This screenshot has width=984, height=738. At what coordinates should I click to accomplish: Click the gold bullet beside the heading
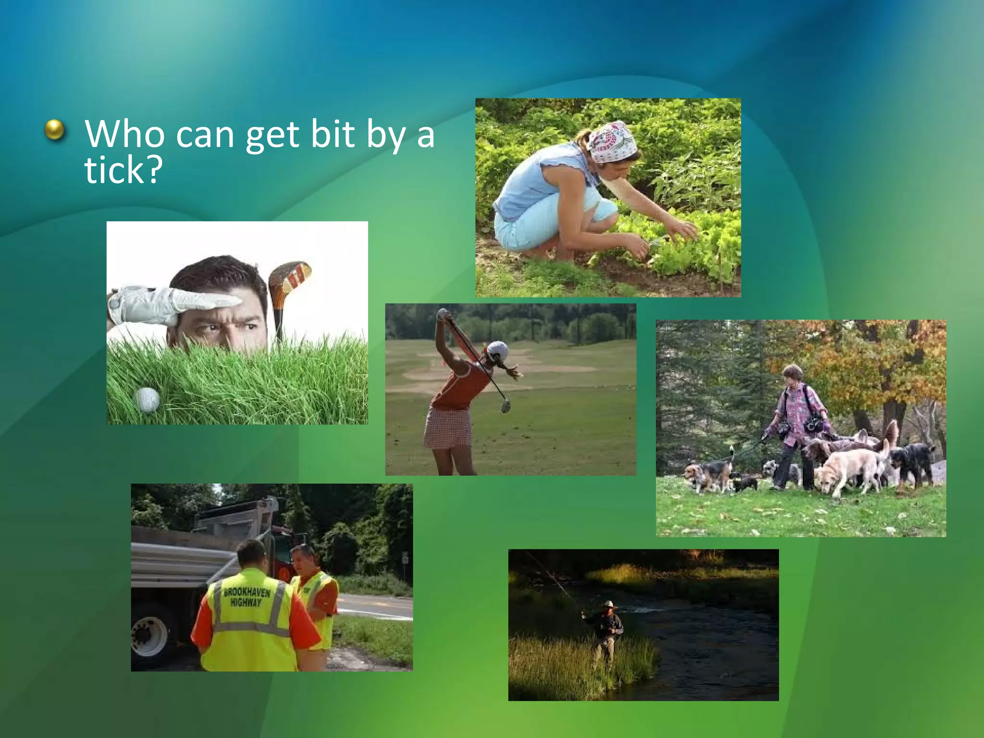pyautogui.click(x=54, y=130)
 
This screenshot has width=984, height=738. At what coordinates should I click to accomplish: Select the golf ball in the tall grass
pyautogui.click(x=146, y=399)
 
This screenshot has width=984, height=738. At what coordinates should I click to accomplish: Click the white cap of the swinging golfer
pyautogui.click(x=498, y=350)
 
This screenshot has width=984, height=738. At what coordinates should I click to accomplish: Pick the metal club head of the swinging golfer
pyautogui.click(x=505, y=406)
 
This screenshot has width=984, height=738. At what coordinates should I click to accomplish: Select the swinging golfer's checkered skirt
pyautogui.click(x=448, y=428)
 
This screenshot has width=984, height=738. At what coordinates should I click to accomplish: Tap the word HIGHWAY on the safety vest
pyautogui.click(x=246, y=603)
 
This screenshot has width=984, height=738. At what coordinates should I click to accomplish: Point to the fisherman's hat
pyautogui.click(x=609, y=604)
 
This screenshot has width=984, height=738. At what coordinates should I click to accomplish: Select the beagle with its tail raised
pyautogui.click(x=709, y=473)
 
